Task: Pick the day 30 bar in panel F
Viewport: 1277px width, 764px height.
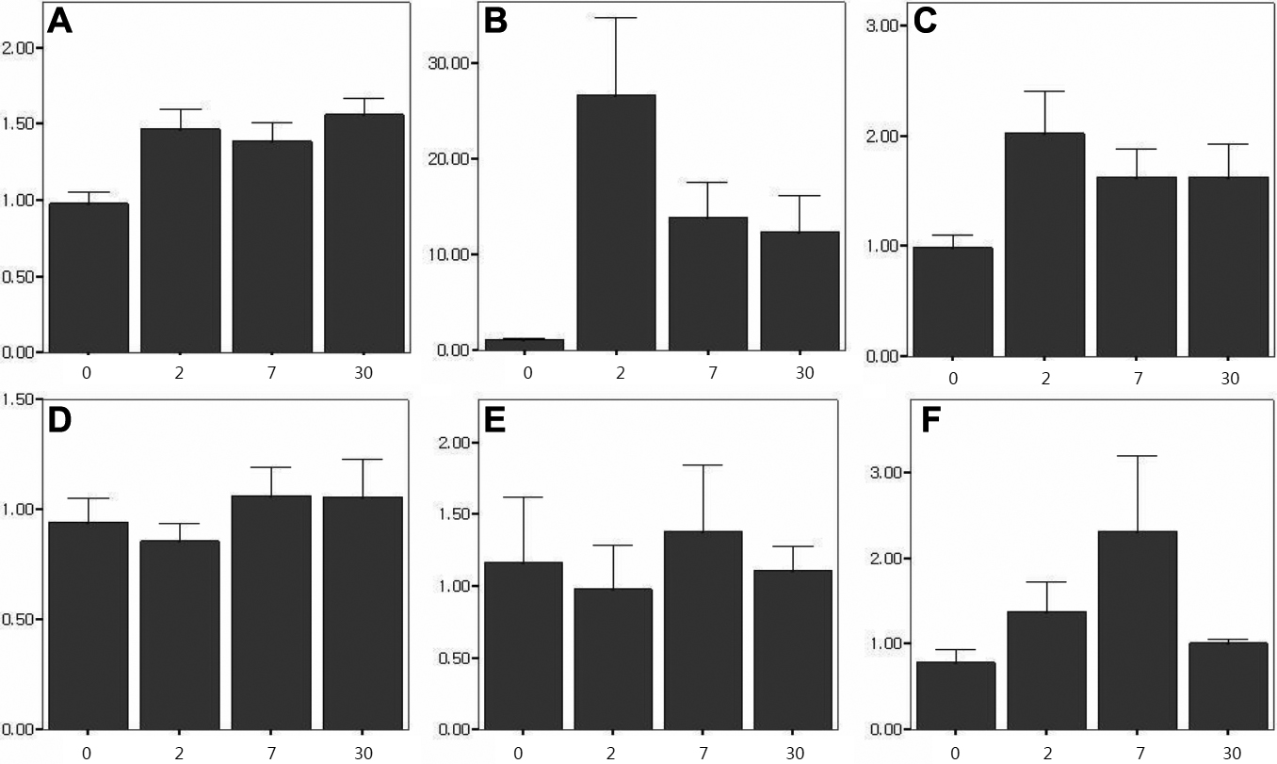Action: point(1228,686)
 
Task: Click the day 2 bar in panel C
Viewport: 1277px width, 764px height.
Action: point(1045,244)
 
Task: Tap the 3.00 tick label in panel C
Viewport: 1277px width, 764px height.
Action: point(883,25)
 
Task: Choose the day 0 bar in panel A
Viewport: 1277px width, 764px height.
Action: point(88,277)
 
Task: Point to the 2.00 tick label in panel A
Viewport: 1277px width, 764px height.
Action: point(21,48)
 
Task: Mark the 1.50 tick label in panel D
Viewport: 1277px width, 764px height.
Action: point(21,399)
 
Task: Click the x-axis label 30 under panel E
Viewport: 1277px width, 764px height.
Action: point(792,752)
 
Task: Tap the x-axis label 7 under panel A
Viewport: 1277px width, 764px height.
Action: point(270,372)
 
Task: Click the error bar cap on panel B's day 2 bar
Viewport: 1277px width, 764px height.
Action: point(616,18)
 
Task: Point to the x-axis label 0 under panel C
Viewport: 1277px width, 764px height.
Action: point(953,378)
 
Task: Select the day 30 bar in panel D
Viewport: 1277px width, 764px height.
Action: point(363,612)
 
